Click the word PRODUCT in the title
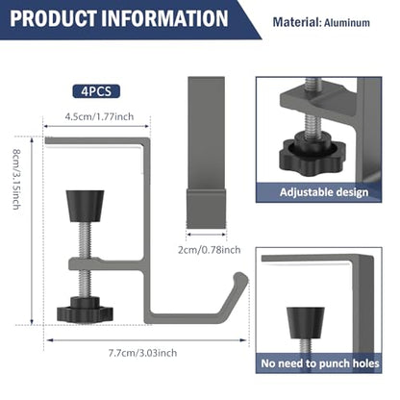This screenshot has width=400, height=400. click(53, 18)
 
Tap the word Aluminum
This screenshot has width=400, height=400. click(347, 23)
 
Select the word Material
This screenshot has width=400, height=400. click(297, 22)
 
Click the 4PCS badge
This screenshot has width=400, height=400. click(96, 91)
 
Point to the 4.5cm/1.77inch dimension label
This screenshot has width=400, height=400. click(99, 116)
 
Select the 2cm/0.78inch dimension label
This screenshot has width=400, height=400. click(210, 250)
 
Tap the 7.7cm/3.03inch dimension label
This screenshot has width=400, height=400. click(142, 353)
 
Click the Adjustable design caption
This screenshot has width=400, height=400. click(324, 192)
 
